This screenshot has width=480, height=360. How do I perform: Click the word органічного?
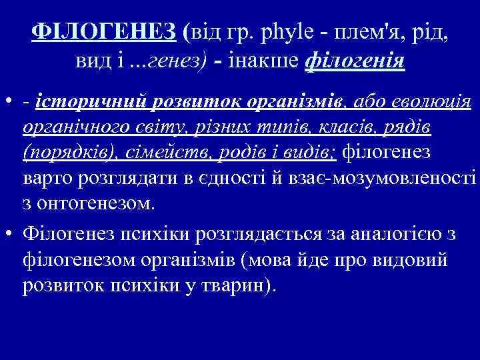point(74,128)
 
